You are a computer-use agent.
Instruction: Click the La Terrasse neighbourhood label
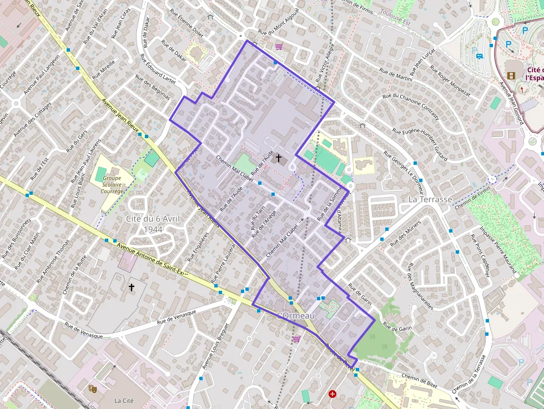click(430, 199)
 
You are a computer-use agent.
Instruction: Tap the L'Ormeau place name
click(296, 316)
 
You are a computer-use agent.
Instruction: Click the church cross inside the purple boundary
click(279, 159)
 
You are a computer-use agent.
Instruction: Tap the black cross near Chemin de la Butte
click(132, 287)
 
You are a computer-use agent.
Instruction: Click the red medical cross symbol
click(333, 394)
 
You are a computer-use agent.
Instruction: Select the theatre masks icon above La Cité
click(93, 389)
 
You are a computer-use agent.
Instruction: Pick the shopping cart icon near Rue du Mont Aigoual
click(279, 47)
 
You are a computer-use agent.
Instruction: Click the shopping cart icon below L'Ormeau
click(296, 339)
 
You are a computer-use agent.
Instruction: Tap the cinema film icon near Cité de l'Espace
click(511, 75)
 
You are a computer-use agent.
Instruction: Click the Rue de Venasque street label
click(177, 316)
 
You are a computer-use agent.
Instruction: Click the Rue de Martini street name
click(396, 74)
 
